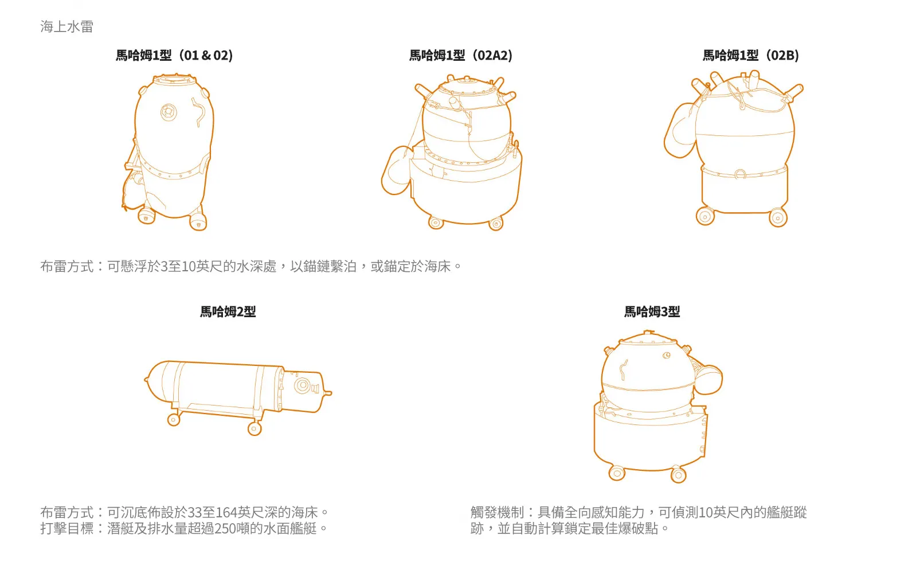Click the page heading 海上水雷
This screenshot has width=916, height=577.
(66, 26)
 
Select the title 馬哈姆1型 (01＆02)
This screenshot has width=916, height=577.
(174, 56)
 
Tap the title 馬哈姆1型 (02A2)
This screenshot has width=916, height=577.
(461, 56)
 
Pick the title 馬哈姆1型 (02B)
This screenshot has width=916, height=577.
(751, 56)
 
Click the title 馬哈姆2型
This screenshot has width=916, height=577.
(228, 312)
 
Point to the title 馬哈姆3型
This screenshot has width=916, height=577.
(652, 312)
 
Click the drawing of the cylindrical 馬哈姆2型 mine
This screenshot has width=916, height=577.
(229, 387)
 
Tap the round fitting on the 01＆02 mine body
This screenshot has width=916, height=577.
(169, 111)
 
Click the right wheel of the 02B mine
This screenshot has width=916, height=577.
(778, 217)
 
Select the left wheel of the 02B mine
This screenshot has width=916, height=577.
(705, 216)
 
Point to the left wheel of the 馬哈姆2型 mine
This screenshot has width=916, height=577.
(173, 420)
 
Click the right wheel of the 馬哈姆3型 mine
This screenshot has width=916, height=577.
(678, 475)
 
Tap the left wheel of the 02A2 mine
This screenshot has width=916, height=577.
(436, 223)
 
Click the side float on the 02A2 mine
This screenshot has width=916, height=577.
(396, 171)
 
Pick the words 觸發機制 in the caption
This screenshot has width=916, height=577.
(497, 512)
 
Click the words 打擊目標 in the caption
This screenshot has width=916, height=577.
(66, 528)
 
